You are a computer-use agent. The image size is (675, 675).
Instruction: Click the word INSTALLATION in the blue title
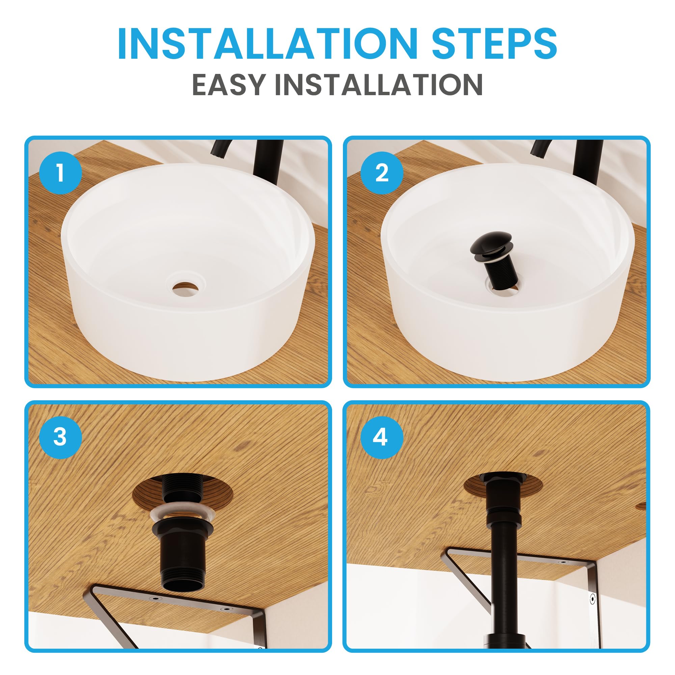tap(268, 44)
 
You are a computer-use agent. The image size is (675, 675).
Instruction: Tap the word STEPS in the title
tap(494, 44)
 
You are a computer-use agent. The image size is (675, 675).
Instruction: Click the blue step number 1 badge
tap(60, 173)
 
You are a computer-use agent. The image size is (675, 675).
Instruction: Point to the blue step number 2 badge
tap(382, 173)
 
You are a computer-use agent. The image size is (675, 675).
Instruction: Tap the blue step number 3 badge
tap(60, 437)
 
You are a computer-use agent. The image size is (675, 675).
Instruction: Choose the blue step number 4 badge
tap(382, 437)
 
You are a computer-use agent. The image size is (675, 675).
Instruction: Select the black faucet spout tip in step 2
tap(538, 153)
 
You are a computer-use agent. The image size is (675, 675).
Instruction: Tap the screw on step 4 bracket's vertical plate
tap(593, 599)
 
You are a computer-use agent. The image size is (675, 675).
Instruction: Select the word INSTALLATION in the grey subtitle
tap(379, 85)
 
